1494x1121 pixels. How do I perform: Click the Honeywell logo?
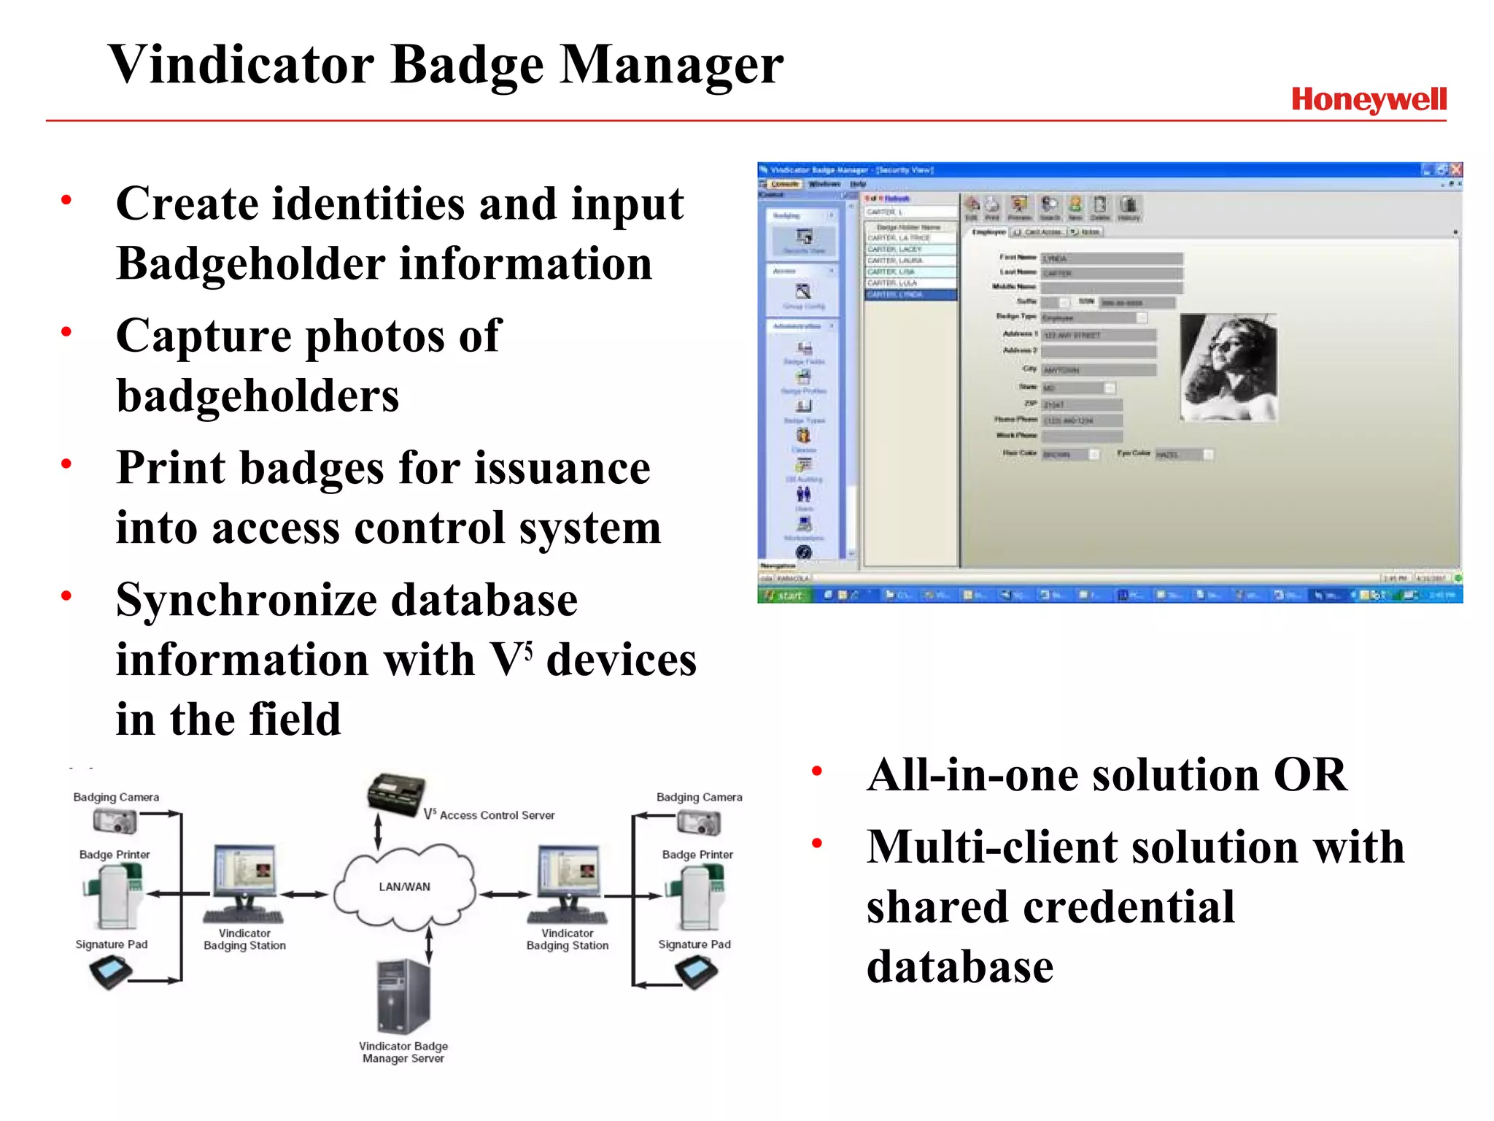point(1369,100)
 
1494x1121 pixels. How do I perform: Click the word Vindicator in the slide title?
point(241,64)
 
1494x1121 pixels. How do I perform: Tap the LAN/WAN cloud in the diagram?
point(404,886)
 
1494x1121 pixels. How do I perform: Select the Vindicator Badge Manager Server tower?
point(403,996)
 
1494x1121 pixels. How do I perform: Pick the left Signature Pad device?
point(110,972)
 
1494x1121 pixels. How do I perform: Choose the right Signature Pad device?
point(696,972)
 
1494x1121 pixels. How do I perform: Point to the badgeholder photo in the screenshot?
point(1228,368)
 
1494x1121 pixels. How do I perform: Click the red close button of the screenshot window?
point(1456,169)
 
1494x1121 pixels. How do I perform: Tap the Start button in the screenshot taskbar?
point(783,596)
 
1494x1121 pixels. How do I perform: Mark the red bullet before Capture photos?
point(66,332)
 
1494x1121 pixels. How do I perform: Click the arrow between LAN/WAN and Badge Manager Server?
point(429,944)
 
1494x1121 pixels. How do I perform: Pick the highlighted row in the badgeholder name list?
point(910,295)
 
